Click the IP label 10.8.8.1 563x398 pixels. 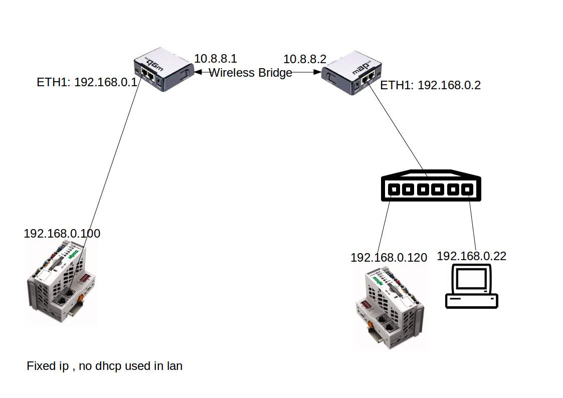[215, 59]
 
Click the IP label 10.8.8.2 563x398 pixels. [304, 59]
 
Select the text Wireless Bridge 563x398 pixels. [250, 73]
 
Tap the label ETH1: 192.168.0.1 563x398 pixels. [87, 82]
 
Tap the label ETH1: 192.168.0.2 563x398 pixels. [430, 85]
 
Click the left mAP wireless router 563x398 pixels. [163, 73]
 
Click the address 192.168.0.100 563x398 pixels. [62, 234]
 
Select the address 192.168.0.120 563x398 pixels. [389, 258]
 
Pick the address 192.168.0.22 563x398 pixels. [471, 256]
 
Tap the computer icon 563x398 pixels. [471, 287]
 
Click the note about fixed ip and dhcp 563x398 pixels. [104, 366]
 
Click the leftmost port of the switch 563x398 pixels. [394, 189]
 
